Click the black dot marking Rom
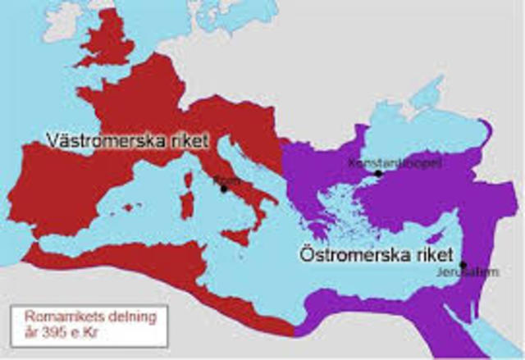(223, 189)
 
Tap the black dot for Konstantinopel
(378, 173)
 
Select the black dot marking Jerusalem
(463, 265)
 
